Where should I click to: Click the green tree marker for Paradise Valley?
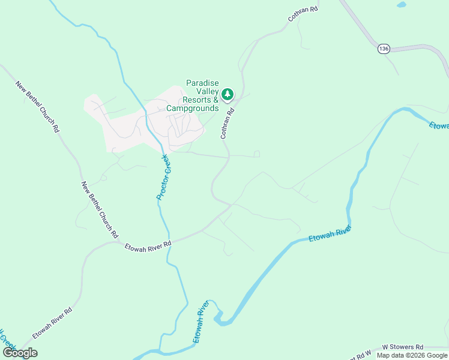point(228,94)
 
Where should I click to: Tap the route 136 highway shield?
point(384,49)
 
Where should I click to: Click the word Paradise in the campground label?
point(202,83)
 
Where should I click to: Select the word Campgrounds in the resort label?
point(192,109)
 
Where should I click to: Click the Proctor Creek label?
point(164,176)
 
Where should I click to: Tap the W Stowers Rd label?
point(403,347)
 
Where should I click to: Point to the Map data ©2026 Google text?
point(412,355)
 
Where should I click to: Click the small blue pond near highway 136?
point(401,5)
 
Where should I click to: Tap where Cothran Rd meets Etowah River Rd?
point(231,205)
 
